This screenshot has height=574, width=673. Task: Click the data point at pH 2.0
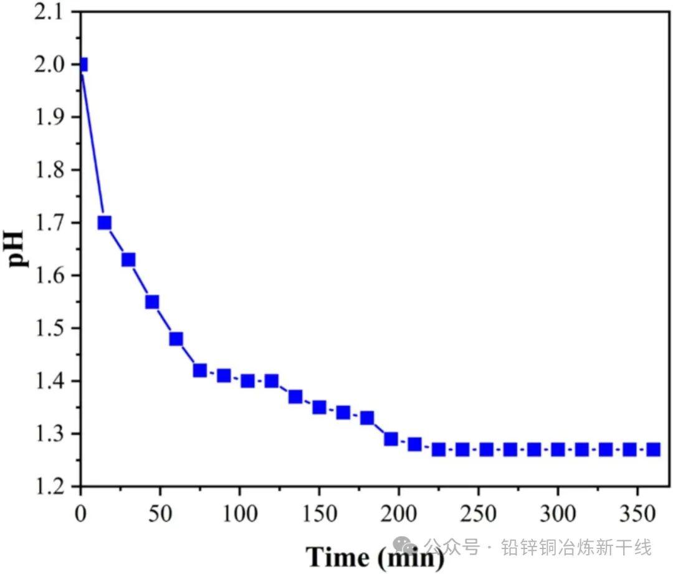coord(82,64)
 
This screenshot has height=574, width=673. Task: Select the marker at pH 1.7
coord(105,222)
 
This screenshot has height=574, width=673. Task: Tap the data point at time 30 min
coord(128,259)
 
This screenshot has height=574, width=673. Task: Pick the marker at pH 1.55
coord(152,302)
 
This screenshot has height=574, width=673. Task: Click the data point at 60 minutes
coord(176,338)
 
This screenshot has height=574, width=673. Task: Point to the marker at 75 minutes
coord(199,370)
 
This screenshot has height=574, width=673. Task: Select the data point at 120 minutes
coord(271,381)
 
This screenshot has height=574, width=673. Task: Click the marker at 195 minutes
coord(391,439)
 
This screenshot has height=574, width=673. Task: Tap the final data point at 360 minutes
coord(653,449)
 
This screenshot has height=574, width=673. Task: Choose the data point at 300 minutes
coord(558,449)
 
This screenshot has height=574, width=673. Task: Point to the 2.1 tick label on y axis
coord(54,12)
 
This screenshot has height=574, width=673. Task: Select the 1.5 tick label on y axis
coord(54,328)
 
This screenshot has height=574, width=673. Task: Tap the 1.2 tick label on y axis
coord(54,486)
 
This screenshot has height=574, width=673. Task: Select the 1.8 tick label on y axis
coord(54,170)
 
